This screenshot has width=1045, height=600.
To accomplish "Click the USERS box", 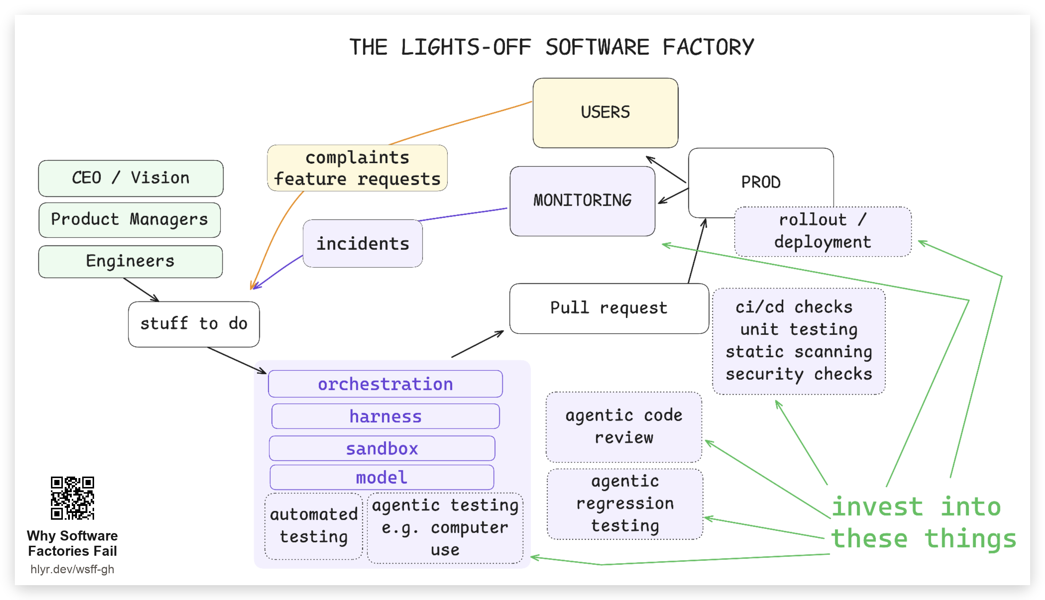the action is tap(605, 113).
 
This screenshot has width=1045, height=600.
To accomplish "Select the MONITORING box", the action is tap(582, 201).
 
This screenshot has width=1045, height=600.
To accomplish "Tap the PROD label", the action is tap(761, 182).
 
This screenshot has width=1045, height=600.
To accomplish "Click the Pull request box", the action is tap(609, 308).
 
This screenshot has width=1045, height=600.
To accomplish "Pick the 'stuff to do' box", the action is tap(194, 324).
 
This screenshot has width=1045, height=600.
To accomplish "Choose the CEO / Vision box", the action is tap(131, 178).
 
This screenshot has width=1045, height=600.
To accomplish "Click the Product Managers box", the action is tap(129, 220).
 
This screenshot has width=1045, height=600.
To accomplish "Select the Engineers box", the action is tap(130, 261).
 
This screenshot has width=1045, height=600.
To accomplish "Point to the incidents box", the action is tap(362, 243).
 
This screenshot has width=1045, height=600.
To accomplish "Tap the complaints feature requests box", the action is tap(357, 168).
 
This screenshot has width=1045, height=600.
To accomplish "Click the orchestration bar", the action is tap(385, 384).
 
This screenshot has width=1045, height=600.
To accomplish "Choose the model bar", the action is tap(382, 477).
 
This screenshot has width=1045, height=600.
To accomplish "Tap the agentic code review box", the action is tap(624, 426).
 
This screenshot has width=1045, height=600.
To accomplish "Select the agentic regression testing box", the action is tap(624, 504).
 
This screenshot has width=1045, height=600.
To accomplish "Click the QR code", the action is tap(72, 498).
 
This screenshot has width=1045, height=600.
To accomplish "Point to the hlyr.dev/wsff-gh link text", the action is tap(72, 569).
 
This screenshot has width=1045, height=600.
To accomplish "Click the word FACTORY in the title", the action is tap(708, 47).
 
